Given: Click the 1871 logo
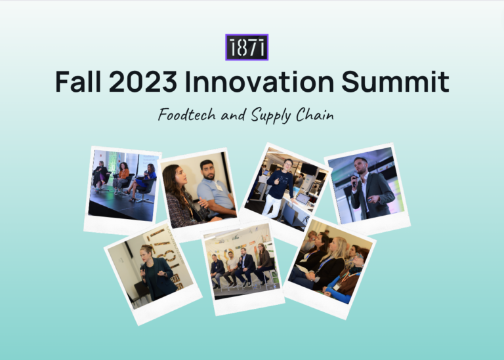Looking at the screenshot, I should click(247, 48).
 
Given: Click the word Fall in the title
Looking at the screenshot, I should click(82, 82).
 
